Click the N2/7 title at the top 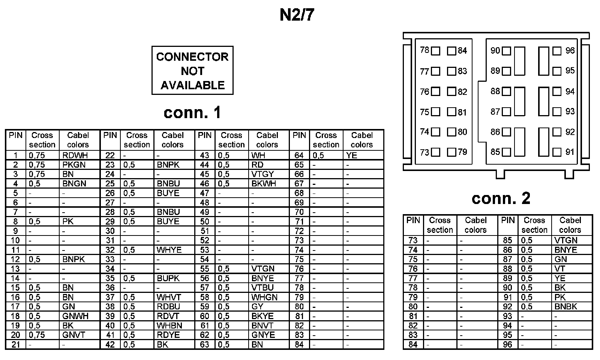click(x=297, y=15)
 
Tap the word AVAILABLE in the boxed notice click(x=192, y=85)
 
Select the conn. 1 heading click(x=192, y=112)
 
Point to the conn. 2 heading click(x=501, y=198)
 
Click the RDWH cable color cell click(x=74, y=155)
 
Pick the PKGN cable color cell click(x=74, y=165)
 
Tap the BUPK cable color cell click(x=168, y=278)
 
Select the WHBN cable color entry click(x=169, y=325)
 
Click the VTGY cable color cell click(x=262, y=174)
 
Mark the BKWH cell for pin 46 click(x=264, y=183)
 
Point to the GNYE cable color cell click(x=263, y=335)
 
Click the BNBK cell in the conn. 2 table click(x=565, y=306)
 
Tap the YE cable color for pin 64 click(x=352, y=155)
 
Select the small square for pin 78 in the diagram click(x=435, y=51)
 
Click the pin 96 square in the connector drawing click(x=557, y=51)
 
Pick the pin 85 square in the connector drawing click(x=506, y=152)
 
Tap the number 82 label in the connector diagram click(x=462, y=91)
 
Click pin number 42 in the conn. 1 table click(x=110, y=344)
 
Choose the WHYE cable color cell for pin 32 click(x=169, y=250)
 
